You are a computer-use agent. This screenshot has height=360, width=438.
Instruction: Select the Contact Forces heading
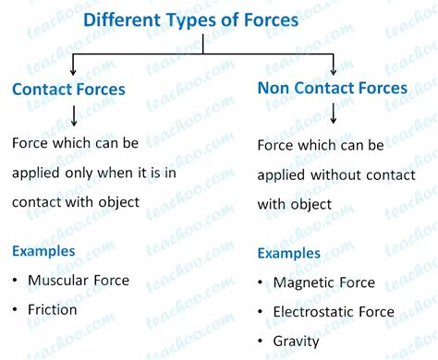pos(81,90)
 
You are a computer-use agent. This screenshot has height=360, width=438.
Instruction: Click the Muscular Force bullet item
pos(79,280)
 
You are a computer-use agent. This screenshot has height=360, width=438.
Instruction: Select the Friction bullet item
pos(53,309)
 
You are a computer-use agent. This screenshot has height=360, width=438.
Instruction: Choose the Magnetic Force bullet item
pos(323,282)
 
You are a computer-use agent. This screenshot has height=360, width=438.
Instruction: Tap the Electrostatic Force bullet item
pos(334,312)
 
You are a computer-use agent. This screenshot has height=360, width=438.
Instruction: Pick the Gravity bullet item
pos(297,342)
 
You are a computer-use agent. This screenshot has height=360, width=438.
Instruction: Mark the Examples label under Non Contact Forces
pos(289,253)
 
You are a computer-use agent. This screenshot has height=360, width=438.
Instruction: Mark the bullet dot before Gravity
pos(262,342)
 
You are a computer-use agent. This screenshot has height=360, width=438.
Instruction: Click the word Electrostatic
pos(312,312)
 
